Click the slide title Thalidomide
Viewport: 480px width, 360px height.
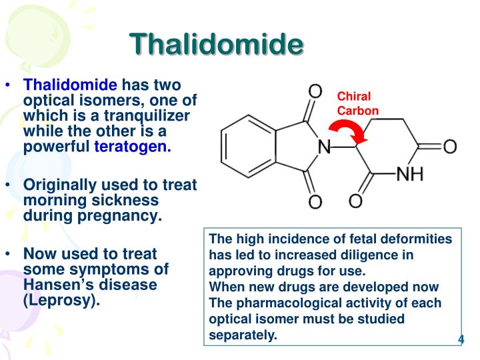click(217, 43)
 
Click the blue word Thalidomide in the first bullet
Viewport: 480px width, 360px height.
click(71, 85)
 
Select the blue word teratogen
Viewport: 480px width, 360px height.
click(133, 147)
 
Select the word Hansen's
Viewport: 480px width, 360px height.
click(59, 285)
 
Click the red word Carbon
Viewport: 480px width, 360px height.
click(358, 111)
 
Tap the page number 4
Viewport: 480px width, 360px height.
click(461, 341)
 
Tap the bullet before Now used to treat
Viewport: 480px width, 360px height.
click(8, 254)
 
